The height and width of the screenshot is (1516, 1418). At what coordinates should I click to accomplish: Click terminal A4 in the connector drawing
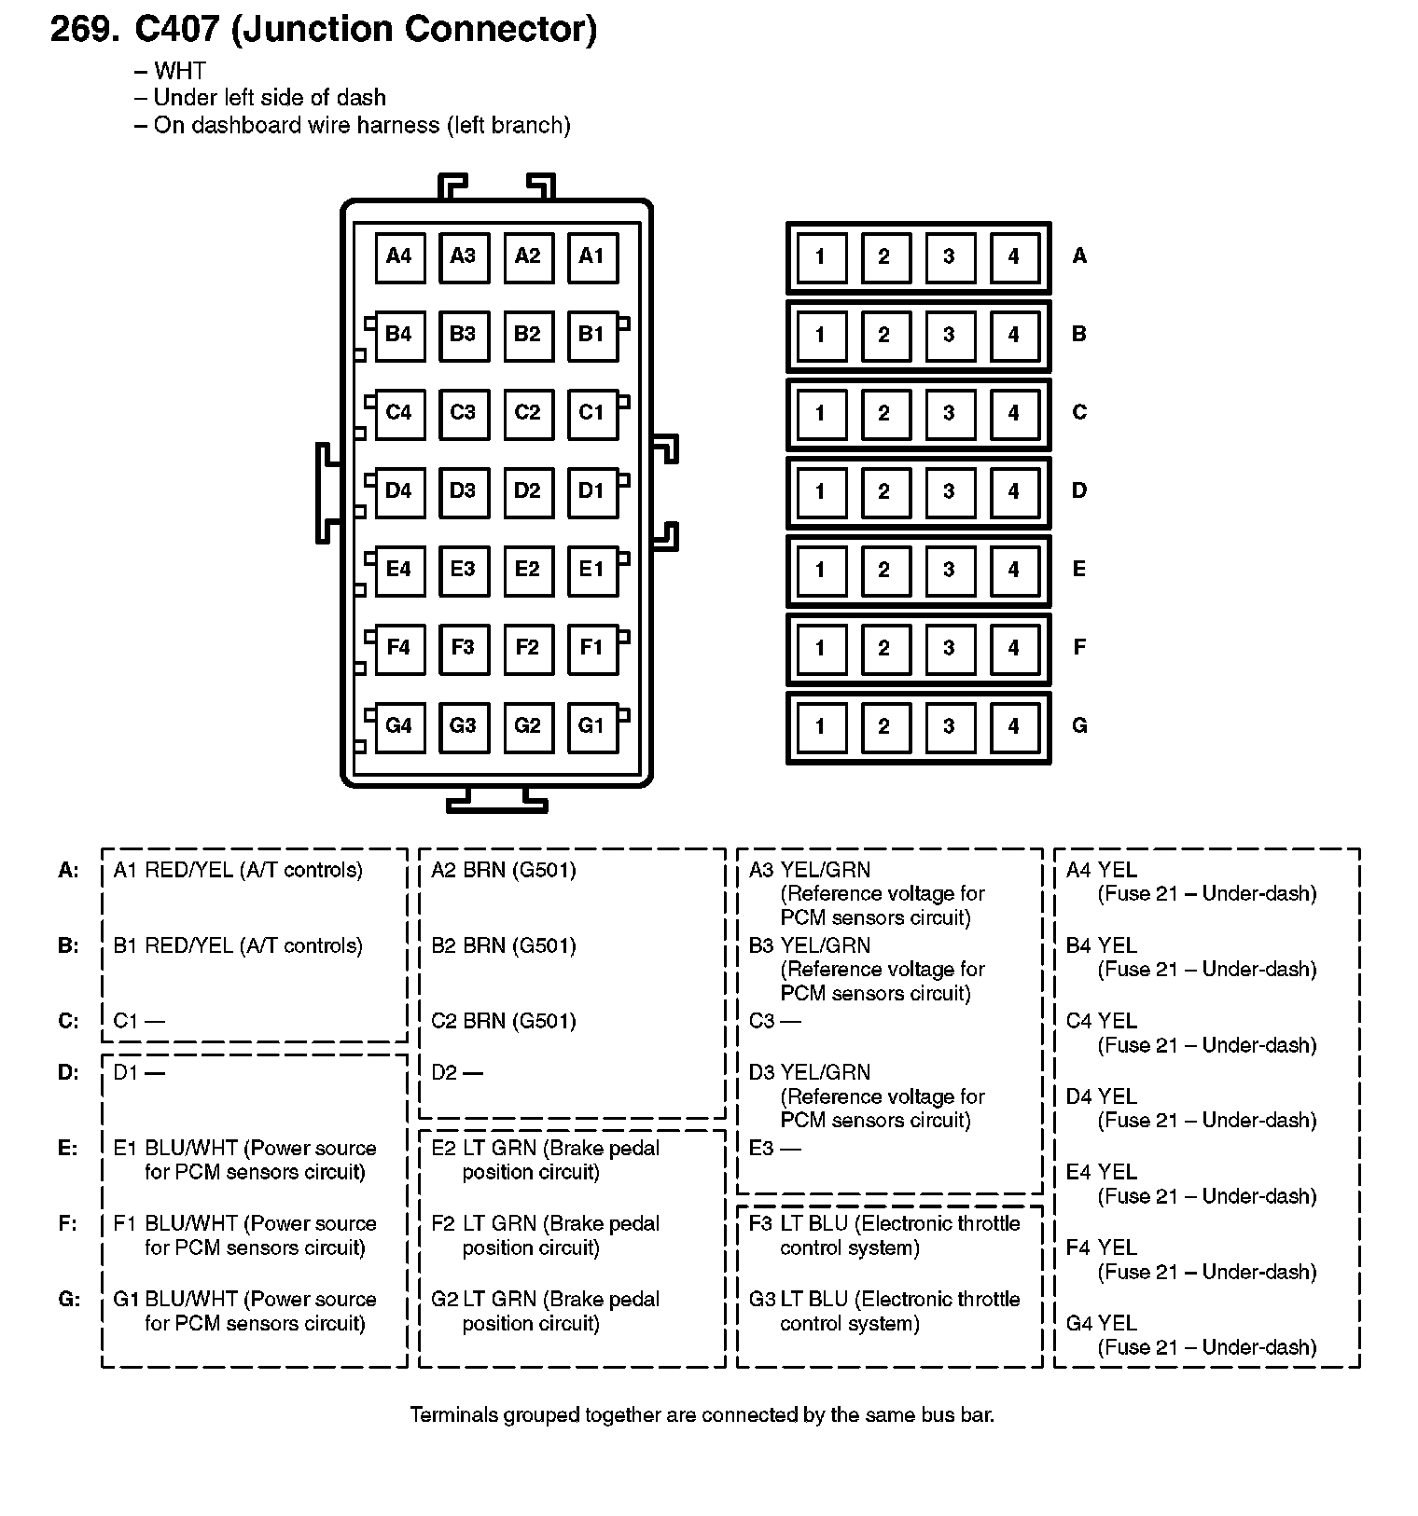(399, 256)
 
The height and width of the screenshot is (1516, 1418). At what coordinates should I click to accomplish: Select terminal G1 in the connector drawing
(592, 726)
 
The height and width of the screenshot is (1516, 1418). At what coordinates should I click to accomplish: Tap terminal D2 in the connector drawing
(527, 491)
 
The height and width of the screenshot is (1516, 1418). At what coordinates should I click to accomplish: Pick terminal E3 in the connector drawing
(463, 570)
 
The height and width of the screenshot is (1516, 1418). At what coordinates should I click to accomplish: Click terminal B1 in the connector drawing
(592, 335)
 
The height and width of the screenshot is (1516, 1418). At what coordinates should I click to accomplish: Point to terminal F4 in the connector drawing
(399, 648)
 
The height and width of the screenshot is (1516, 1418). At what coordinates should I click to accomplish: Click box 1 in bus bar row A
(820, 256)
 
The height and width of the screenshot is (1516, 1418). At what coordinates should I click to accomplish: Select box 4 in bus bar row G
(1014, 726)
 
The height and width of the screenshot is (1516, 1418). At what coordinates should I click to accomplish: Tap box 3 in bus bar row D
(949, 491)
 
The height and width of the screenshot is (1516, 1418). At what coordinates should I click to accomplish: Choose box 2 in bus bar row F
(883, 648)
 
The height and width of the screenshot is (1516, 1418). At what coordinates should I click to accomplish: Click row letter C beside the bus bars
(1079, 412)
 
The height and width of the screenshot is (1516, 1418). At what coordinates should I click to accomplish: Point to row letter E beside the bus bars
(1079, 569)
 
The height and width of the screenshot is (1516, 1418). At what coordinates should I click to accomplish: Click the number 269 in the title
(84, 30)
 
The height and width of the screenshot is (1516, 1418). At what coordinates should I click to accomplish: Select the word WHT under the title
(179, 71)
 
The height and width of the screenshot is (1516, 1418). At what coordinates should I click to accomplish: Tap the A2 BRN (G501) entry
(504, 870)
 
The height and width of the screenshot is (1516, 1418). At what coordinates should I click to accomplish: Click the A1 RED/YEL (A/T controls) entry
(238, 870)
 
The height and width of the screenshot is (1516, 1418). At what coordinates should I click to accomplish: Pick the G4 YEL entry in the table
(1102, 1323)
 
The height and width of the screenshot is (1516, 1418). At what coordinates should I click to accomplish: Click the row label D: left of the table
(69, 1073)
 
